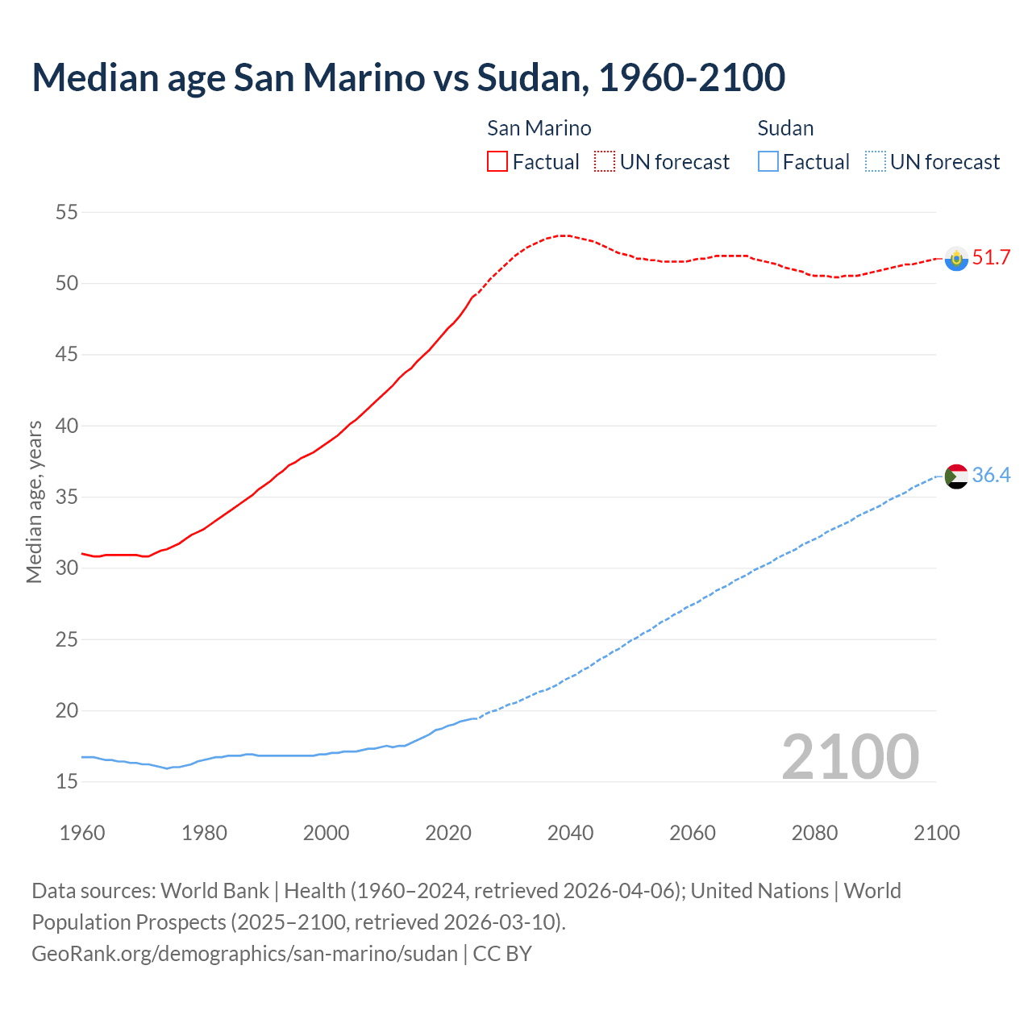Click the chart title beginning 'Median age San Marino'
408,77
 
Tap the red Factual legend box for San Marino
497,161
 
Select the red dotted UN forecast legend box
605,161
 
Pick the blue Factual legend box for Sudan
768,161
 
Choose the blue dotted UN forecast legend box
876,161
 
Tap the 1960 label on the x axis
82,833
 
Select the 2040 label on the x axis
570,833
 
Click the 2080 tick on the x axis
814,833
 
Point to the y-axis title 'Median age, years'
34,501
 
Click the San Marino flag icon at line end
956,259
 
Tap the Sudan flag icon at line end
956,476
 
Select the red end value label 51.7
991,258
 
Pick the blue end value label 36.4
991,476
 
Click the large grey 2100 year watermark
850,757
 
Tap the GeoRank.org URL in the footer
244,954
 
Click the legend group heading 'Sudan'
785,128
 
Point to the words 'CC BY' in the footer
502,954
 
